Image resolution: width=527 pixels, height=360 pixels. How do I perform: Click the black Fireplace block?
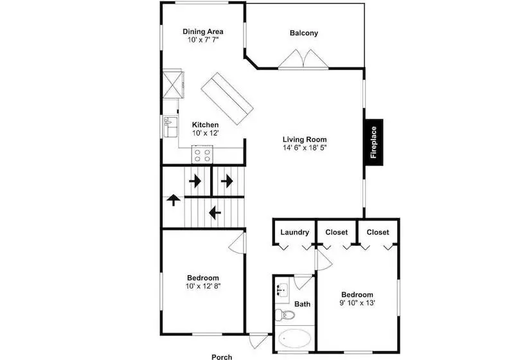pyautogui.click(x=374, y=142)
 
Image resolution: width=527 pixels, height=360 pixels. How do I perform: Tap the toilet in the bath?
pyautogui.click(x=285, y=315)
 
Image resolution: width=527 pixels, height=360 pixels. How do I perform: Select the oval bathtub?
pyautogui.click(x=295, y=338)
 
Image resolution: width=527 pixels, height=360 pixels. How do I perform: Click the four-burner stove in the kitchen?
pyautogui.click(x=202, y=154)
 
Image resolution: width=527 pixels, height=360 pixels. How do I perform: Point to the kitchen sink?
pyautogui.click(x=171, y=127)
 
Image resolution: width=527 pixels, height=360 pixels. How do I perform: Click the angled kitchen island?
pyautogui.click(x=227, y=98)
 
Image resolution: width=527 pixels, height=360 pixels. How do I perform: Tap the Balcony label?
pyautogui.click(x=304, y=33)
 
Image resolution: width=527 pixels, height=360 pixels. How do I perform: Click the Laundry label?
pyautogui.click(x=295, y=232)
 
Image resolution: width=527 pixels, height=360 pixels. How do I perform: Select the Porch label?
pyautogui.click(x=222, y=357)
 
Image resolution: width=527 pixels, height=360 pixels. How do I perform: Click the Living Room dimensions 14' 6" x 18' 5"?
pyautogui.click(x=305, y=148)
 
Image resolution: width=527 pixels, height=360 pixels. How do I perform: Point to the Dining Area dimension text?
pyautogui.click(x=203, y=40)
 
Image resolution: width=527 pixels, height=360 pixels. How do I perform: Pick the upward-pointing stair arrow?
pyautogui.click(x=174, y=200)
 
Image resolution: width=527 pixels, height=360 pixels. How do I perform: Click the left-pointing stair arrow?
pyautogui.click(x=215, y=212)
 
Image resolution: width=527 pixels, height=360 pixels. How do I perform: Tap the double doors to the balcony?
pyautogui.click(x=303, y=59)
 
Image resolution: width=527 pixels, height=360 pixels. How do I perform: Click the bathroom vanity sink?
pyautogui.click(x=282, y=290)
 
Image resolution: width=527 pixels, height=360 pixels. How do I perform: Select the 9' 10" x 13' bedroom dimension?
pyautogui.click(x=357, y=303)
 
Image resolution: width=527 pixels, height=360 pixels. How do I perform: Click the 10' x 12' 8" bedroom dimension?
pyautogui.click(x=203, y=286)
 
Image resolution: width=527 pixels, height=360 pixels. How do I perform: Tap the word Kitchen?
pyautogui.click(x=206, y=125)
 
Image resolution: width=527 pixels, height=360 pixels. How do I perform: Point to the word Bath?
pyautogui.click(x=303, y=304)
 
